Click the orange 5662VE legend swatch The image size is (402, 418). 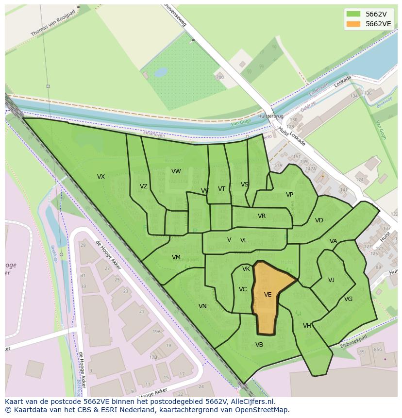[x=353, y=24]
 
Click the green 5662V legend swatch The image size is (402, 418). [x=353, y=14]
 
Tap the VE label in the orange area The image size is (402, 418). [x=268, y=295]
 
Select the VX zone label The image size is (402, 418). [x=100, y=177]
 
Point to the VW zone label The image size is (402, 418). [x=176, y=171]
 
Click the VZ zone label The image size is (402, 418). [x=143, y=186]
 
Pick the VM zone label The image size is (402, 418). [x=176, y=257]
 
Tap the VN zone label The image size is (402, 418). [x=202, y=306]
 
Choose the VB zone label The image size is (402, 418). [x=259, y=345]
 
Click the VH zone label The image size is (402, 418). [x=307, y=326]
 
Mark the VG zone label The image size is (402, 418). [x=348, y=299]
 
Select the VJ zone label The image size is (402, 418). [x=331, y=280]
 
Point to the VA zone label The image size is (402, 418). [x=333, y=241]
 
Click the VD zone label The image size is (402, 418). [x=319, y=220]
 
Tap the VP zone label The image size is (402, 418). [x=289, y=195]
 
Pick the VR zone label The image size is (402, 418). [x=261, y=216]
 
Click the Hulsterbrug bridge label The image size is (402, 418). [x=271, y=117]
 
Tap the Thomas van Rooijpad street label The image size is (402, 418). [x=53, y=23]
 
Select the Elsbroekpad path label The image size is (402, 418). [x=353, y=340]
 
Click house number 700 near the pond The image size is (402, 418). [x=220, y=77]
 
